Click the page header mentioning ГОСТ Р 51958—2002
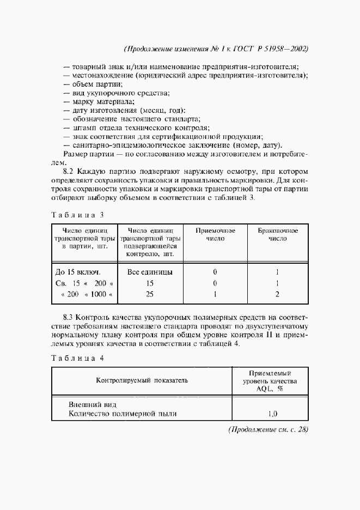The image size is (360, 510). [217, 48]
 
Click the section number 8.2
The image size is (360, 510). [71, 171]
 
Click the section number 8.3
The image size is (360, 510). [71, 317]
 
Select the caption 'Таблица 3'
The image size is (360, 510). [77, 214]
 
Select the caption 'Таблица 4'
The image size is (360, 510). [77, 358]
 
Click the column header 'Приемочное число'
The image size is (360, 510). [215, 234]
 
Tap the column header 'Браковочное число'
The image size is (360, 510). [277, 234]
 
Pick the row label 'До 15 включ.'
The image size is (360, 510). [78, 271]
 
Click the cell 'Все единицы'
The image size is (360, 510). [150, 271]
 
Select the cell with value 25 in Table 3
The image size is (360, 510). [150, 294]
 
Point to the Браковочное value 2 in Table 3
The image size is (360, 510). [277, 294]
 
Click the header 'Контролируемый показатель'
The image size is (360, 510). [142, 380]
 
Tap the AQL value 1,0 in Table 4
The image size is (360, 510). [273, 414]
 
